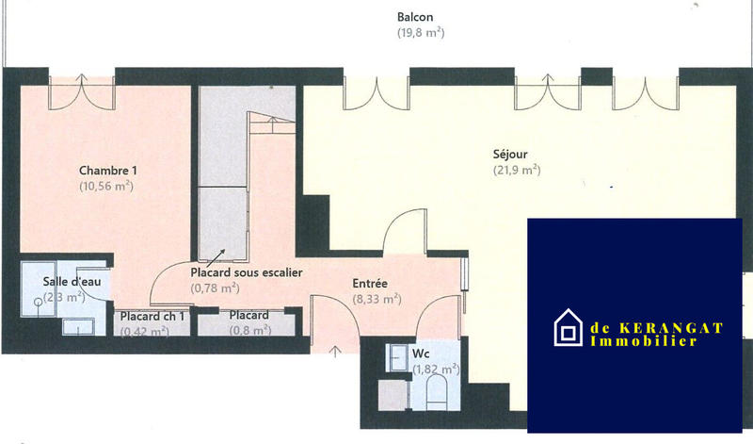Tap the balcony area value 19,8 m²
pos(420,32)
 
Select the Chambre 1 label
pos(108,171)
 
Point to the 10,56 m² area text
pos(106,187)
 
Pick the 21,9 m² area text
pos(515,171)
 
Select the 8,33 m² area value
pos(376,299)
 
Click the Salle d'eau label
pos(65,282)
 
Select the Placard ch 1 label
pos(152,316)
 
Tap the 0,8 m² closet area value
pos(248,331)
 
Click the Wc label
pos(421,354)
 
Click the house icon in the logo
pos(567,328)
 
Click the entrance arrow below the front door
pos(335,352)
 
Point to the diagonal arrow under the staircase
pos(218,255)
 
